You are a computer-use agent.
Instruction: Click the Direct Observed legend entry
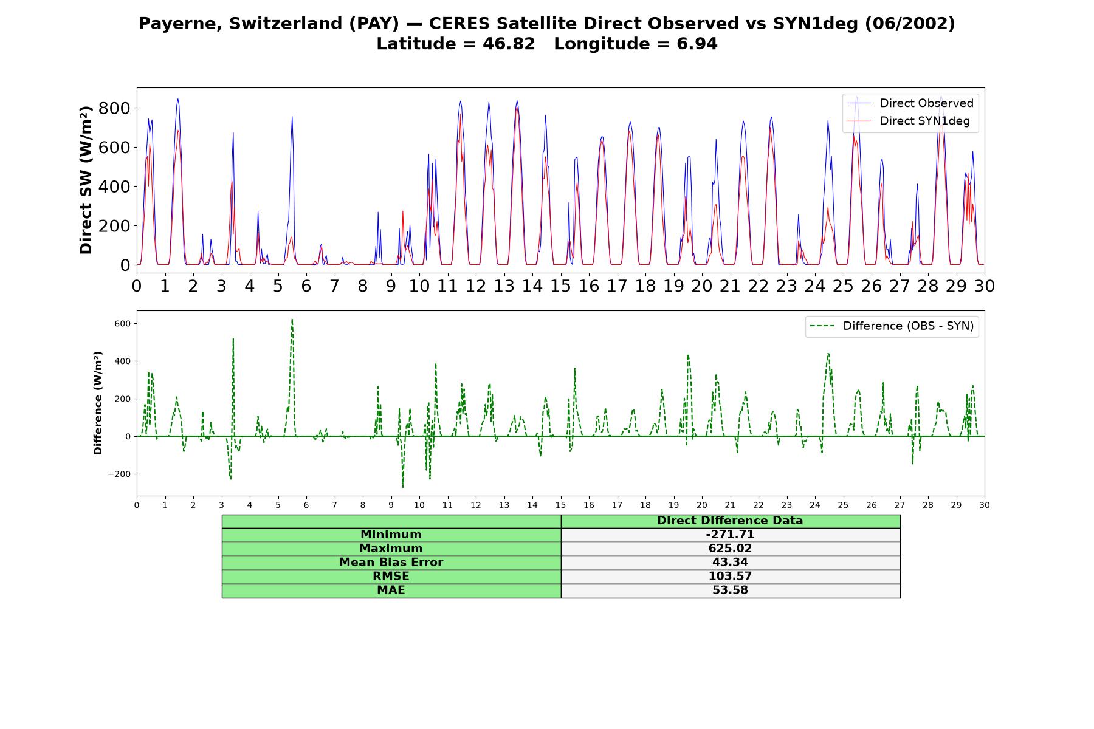pyautogui.click(x=910, y=103)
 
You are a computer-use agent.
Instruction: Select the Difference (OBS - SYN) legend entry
pyautogui.click(x=892, y=326)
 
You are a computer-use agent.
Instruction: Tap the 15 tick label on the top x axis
pyautogui.click(x=560, y=286)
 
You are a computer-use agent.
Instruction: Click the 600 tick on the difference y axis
pyautogui.click(x=122, y=324)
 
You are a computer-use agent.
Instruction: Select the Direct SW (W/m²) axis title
pyautogui.click(x=86, y=180)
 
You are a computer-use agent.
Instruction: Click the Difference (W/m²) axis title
pyautogui.click(x=98, y=403)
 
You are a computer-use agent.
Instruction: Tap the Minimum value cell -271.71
pyautogui.click(x=730, y=535)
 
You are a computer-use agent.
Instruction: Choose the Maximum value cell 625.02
pyautogui.click(x=730, y=549)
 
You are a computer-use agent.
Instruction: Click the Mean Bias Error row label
pyautogui.click(x=391, y=563)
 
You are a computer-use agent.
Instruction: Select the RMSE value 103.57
pyautogui.click(x=730, y=577)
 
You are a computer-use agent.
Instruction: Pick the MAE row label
pyautogui.click(x=391, y=590)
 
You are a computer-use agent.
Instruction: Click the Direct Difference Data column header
pyautogui.click(x=730, y=521)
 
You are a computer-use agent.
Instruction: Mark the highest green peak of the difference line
pyautogui.click(x=292, y=319)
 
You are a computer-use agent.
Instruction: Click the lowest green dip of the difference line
pyautogui.click(x=402, y=487)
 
